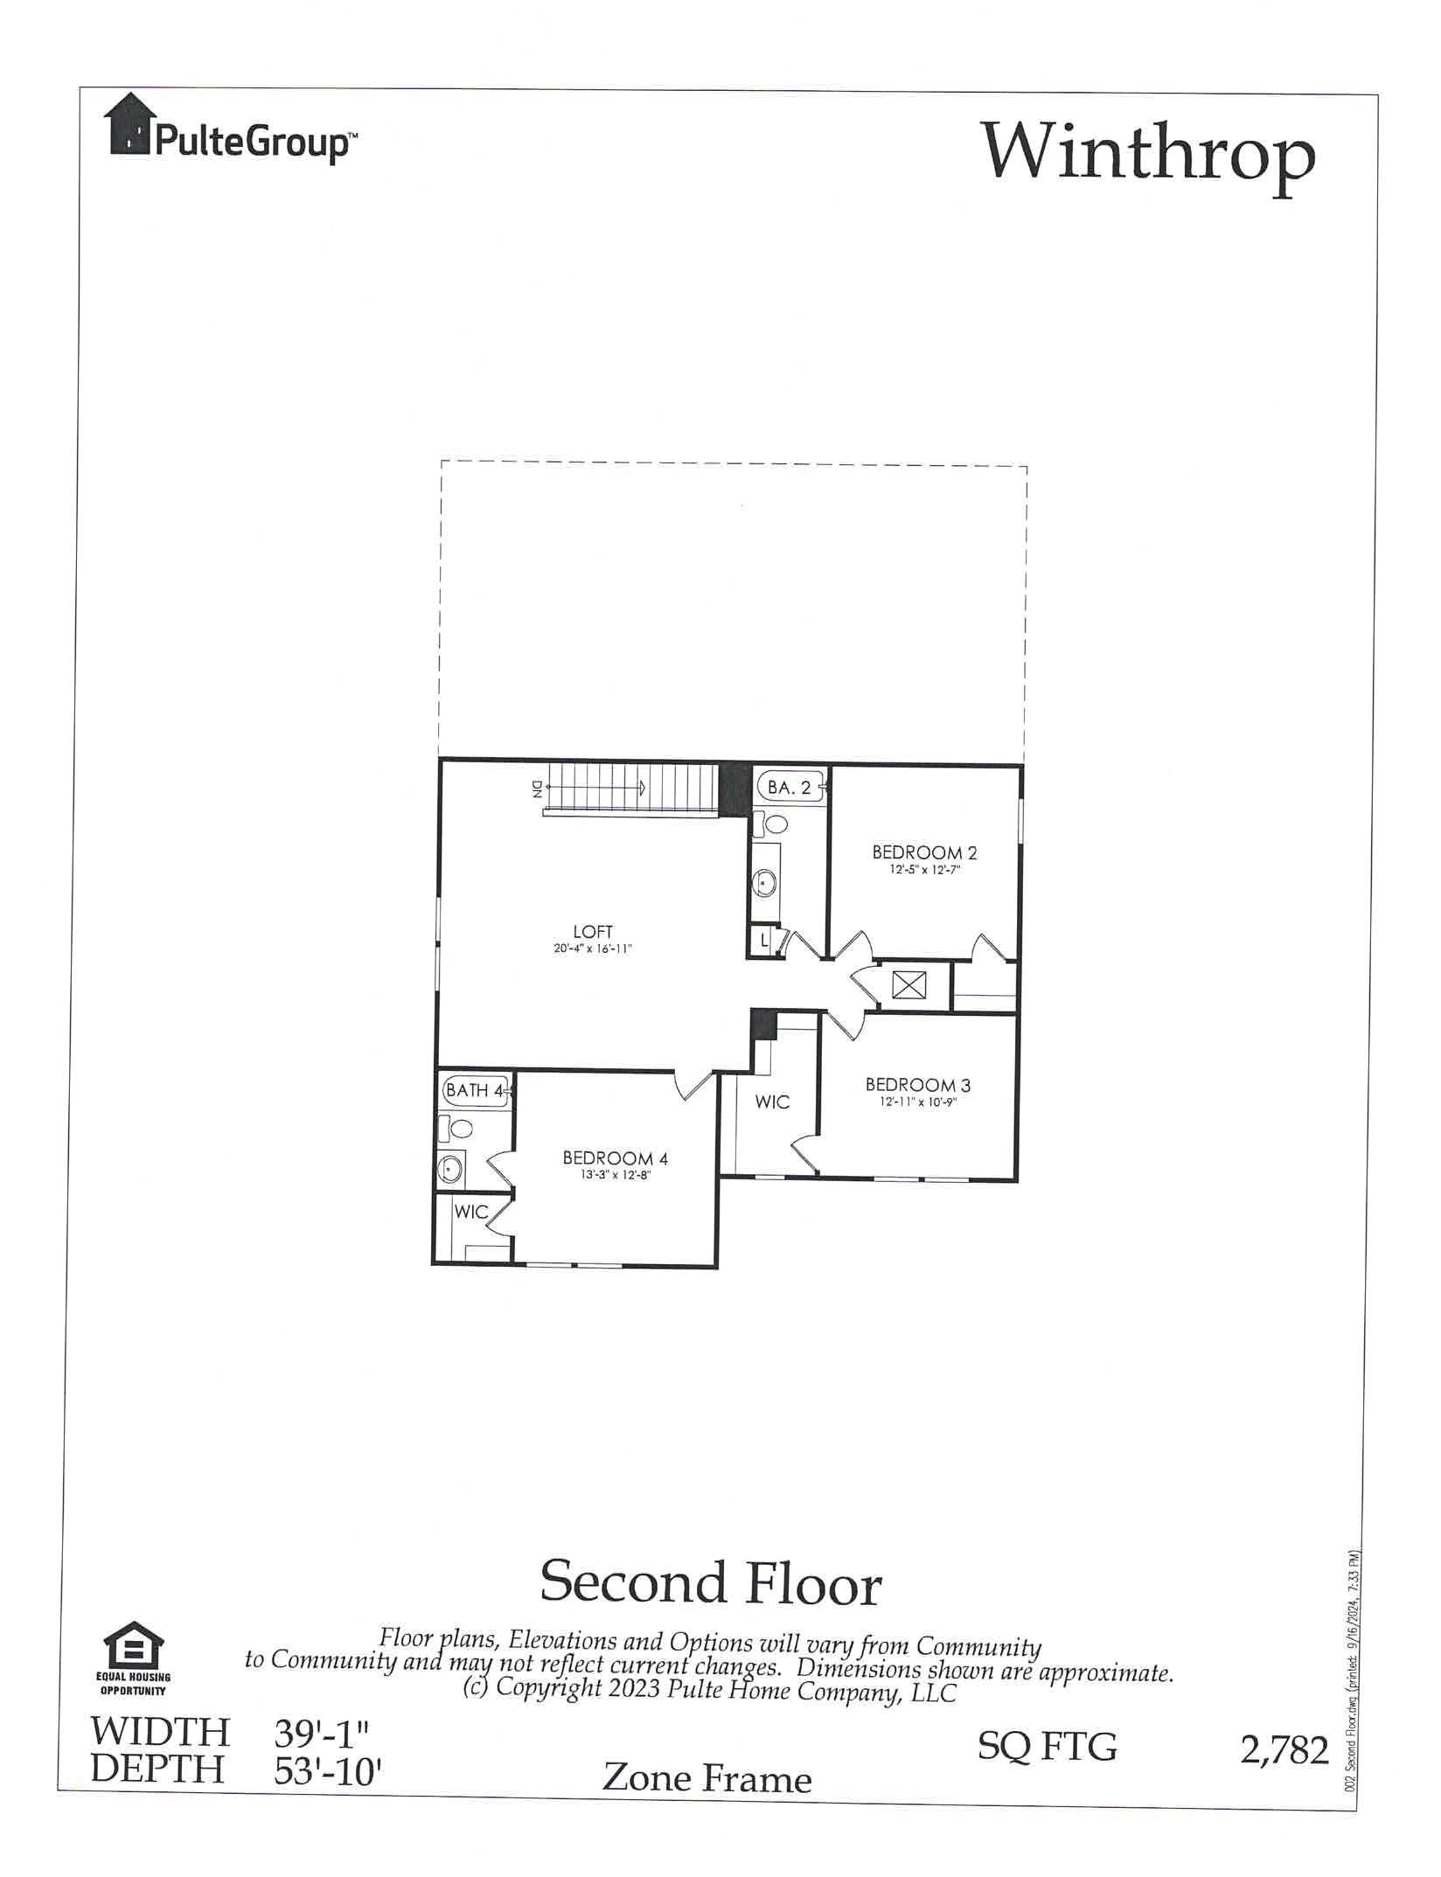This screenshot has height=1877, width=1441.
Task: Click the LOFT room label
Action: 593,932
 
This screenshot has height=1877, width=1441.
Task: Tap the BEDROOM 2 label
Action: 924,852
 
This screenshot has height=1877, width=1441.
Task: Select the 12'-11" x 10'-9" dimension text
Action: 918,1103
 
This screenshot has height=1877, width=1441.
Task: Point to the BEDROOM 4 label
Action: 615,1158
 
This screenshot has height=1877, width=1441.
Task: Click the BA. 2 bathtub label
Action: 789,787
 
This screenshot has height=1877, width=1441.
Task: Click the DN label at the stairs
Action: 536,789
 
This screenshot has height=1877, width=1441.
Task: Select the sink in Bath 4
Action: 450,1166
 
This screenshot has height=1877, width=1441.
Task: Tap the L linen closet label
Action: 764,942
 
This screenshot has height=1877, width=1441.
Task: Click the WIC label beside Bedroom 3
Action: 772,1102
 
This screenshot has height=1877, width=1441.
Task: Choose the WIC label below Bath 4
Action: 470,1213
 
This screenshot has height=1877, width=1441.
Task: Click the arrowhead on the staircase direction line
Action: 643,788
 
